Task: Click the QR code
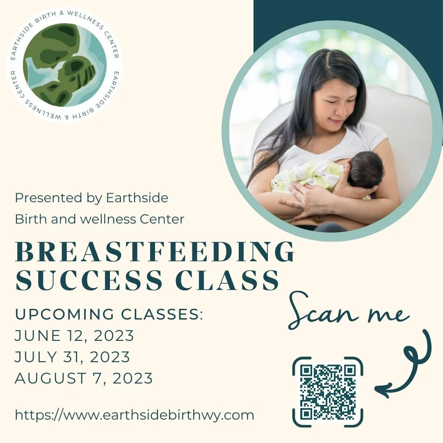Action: click(x=328, y=392)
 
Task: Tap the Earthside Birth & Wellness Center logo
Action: click(x=65, y=65)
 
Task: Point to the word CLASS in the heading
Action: click(x=228, y=281)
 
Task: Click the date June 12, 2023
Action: click(x=74, y=336)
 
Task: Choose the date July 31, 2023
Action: click(x=72, y=357)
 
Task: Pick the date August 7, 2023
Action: click(x=84, y=378)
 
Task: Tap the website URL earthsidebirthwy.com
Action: click(x=135, y=415)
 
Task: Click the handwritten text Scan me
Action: click(x=349, y=314)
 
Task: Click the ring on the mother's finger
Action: click(x=300, y=204)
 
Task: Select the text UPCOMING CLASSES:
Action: click(x=109, y=315)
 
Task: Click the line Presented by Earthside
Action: click(x=91, y=198)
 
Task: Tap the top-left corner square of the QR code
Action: click(x=306, y=371)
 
